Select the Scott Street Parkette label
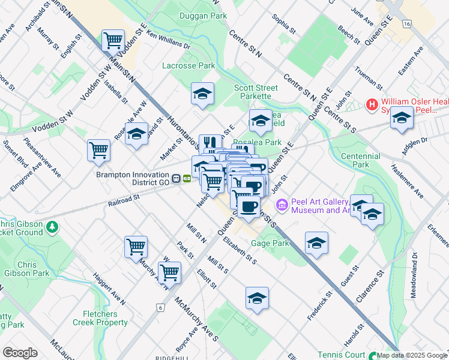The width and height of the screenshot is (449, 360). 256,92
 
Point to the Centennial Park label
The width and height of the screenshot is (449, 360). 360,160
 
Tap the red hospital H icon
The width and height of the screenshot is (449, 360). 372,105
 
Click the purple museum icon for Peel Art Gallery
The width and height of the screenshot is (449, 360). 282,206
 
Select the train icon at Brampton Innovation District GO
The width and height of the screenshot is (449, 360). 176,178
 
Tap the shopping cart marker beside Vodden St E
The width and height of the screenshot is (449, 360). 112,41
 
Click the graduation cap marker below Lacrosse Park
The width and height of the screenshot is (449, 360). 203,93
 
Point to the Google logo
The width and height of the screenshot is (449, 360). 19,353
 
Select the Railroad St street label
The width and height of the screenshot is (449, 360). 124,196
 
